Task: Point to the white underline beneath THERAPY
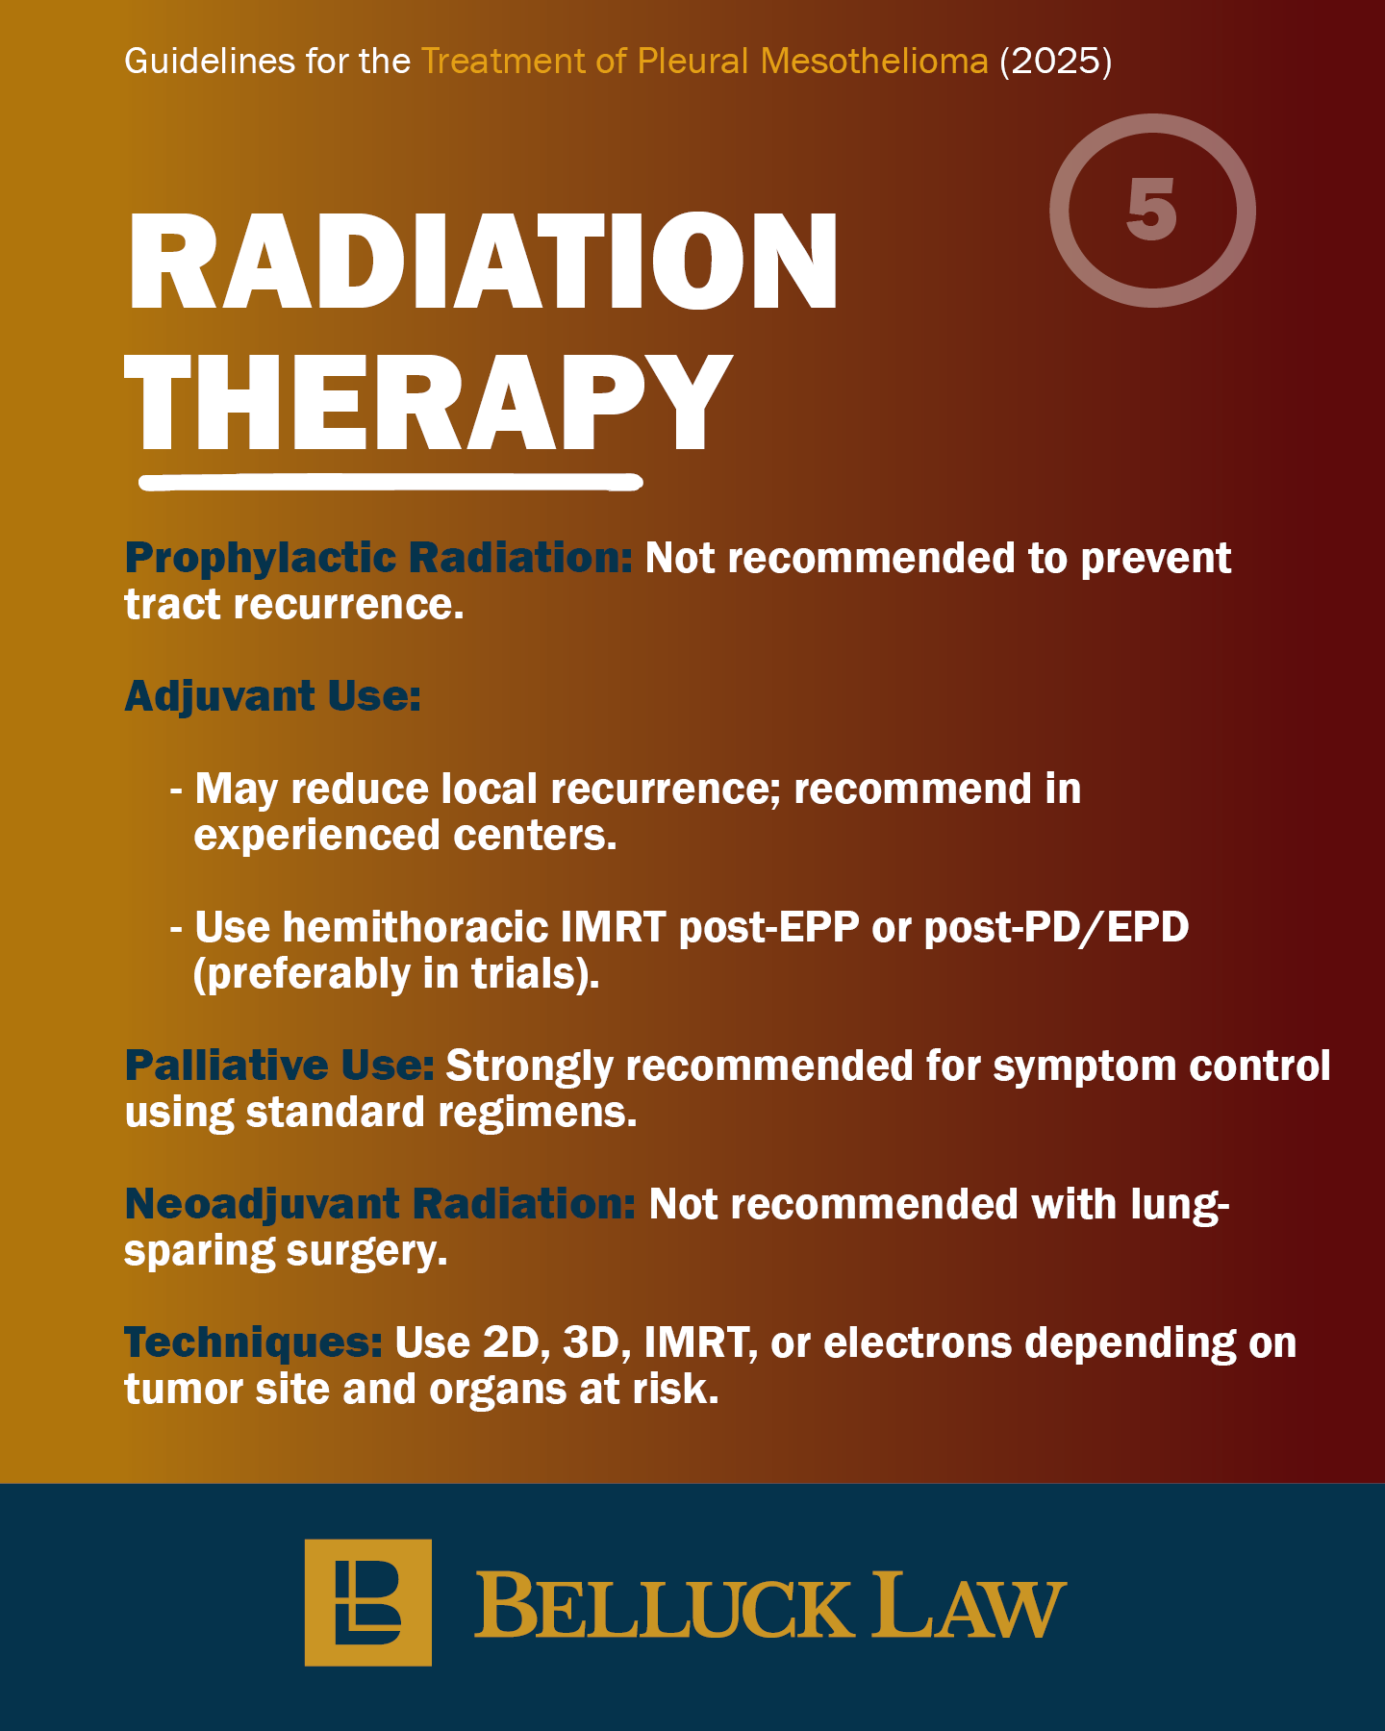tap(390, 481)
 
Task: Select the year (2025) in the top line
tap(1055, 62)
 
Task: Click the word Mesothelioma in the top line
tap(874, 62)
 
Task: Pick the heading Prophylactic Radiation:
tap(379, 559)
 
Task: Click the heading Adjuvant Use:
tap(273, 696)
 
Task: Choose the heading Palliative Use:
tap(280, 1066)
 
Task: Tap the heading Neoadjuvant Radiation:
tap(381, 1204)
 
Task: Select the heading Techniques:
tap(254, 1343)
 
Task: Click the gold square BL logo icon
tap(368, 1602)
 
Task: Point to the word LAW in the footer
tap(969, 1604)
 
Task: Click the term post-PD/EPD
tap(1056, 928)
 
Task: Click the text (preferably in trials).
tap(396, 974)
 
